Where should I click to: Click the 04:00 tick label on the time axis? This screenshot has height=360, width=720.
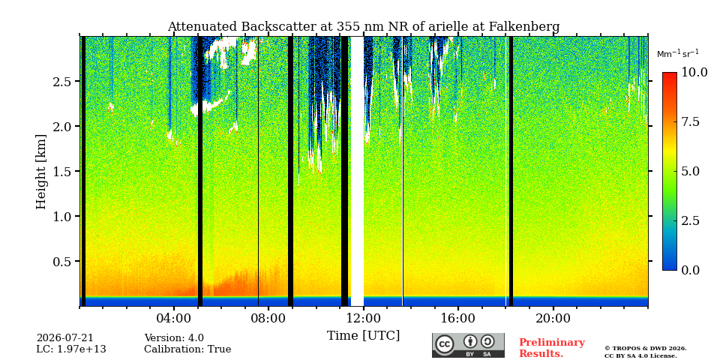174,318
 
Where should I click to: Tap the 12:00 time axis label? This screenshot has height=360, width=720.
364,318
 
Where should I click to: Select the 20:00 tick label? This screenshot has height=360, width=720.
553,318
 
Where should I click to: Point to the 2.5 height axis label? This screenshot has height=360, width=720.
63,81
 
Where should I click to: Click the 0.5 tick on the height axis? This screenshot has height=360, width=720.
63,261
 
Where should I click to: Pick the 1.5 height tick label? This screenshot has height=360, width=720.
63,171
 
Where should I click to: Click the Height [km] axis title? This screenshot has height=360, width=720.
41,172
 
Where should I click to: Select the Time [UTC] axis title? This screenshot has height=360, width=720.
363,336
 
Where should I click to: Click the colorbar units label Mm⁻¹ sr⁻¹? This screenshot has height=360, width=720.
678,54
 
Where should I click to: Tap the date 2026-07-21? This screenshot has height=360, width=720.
64,338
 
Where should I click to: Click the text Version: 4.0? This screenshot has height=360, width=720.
174,338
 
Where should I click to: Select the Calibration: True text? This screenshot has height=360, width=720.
187,349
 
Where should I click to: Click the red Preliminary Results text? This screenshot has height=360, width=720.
551,347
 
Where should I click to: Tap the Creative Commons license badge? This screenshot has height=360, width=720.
468,345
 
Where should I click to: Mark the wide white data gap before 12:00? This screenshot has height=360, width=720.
357,171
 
